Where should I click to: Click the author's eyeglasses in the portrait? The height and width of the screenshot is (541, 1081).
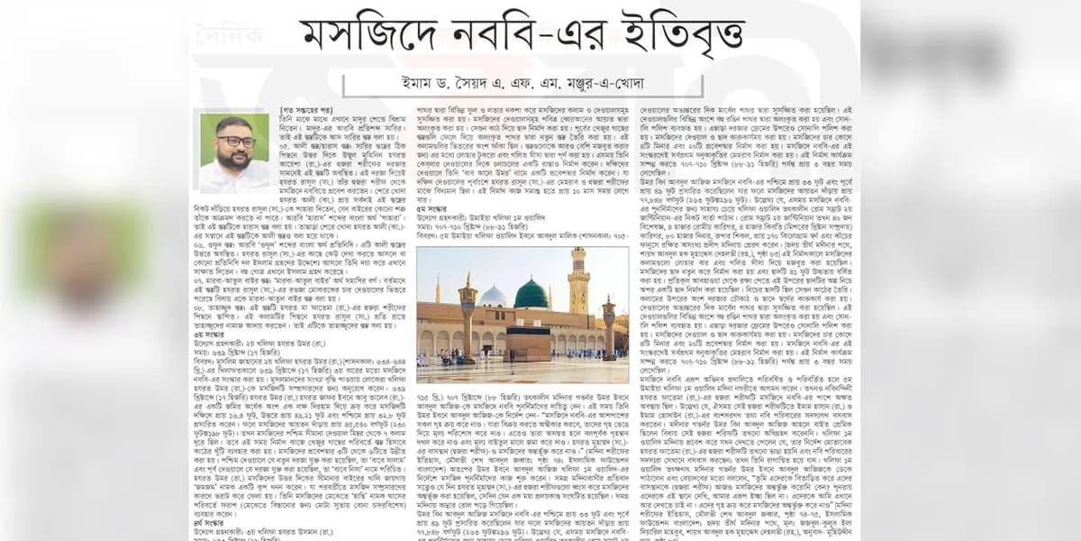(235, 142)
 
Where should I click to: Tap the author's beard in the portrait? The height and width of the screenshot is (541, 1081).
(235, 157)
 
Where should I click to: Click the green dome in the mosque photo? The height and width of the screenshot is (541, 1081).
(531, 294)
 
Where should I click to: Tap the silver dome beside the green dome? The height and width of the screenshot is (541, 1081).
(494, 296)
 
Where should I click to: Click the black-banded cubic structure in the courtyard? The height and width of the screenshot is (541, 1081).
(528, 343)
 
